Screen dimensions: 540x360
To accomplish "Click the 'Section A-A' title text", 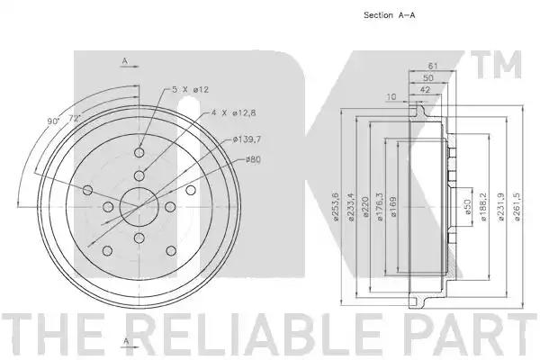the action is point(389,15).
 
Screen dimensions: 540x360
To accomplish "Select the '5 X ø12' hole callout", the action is point(190,90).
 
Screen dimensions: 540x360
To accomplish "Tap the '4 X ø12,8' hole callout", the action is point(233,112).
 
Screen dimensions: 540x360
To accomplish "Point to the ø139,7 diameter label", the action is point(247,139).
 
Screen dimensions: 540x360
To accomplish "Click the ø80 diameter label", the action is point(253,159).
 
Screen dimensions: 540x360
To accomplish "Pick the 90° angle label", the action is point(53,121).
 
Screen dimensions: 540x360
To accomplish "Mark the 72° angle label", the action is point(75,118).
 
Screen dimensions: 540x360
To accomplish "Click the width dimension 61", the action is point(433,66).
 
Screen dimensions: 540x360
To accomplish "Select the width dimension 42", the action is point(426,90).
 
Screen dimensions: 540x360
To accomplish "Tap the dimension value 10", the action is point(391,97).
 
